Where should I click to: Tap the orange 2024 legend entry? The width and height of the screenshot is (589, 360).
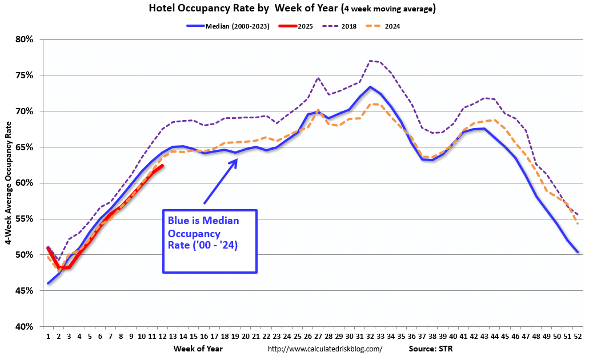391,26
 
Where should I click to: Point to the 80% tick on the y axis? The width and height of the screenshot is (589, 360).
26,39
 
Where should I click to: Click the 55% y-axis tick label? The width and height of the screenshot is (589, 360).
26,219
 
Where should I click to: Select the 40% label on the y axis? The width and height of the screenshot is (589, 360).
26,327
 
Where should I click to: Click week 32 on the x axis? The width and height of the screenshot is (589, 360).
370,337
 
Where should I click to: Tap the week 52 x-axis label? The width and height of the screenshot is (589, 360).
578,337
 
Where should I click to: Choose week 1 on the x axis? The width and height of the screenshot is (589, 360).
48,337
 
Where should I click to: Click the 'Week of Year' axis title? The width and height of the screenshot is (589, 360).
199,348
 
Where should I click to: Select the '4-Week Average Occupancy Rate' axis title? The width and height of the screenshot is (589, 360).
10,183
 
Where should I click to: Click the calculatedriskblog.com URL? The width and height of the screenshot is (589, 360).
324,349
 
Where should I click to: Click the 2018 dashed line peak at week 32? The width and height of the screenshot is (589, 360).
370,61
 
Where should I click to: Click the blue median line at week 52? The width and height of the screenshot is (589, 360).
578,252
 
